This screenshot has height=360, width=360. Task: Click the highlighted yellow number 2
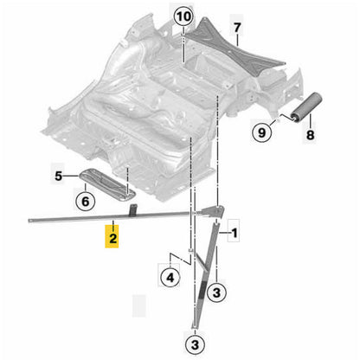(x=112, y=238)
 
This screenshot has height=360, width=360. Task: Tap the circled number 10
(x=184, y=17)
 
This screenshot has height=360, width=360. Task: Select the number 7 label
(x=237, y=28)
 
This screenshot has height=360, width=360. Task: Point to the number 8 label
(x=311, y=135)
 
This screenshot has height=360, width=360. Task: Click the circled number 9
(x=262, y=132)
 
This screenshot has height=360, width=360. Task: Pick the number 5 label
(x=59, y=176)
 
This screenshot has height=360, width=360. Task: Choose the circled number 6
(x=86, y=202)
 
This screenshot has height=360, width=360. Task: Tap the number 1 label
(x=235, y=233)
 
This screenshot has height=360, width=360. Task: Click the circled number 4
(x=170, y=278)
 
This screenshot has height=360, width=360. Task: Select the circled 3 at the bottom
(x=195, y=344)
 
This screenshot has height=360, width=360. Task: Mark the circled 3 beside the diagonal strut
(x=216, y=292)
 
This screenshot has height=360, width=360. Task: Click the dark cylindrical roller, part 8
(x=306, y=106)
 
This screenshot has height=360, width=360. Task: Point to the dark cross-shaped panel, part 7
(x=235, y=49)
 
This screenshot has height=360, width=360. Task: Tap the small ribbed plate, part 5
(x=107, y=184)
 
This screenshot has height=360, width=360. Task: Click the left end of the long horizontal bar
(x=29, y=221)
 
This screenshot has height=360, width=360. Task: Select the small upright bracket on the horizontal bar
(x=132, y=210)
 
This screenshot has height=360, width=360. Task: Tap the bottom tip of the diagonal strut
(x=195, y=326)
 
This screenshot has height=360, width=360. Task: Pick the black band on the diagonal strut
(x=202, y=290)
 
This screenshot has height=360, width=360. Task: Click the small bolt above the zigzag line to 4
(x=190, y=251)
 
